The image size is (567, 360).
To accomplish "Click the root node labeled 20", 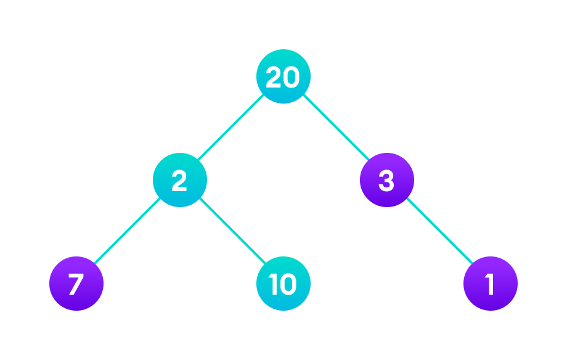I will pos(283,76).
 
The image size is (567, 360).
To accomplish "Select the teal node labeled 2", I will pos(179,180).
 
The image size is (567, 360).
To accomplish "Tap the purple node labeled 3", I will pos(386,180).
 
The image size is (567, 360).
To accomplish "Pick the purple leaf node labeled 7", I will pos(76,284).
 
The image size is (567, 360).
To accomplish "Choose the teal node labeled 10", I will pos(283,284).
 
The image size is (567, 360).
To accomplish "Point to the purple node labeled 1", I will pos(490,284).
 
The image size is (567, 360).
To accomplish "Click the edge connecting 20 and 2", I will pos(231,128).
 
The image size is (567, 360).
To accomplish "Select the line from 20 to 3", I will pos(335,128).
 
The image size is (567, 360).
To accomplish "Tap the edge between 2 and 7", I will pos(128,232).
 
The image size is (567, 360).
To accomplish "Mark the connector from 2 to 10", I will pos(231,232).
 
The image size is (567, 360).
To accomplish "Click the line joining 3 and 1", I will pos(438,232).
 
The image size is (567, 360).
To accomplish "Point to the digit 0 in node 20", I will pos(291,77).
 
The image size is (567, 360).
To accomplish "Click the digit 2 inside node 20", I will pos(274,77).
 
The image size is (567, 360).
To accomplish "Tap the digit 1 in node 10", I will pos(274,284).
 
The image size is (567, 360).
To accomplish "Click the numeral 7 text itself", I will pos(76,284).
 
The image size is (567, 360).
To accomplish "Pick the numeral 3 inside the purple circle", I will pos(386,181).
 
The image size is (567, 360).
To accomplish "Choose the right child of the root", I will pos(386,180).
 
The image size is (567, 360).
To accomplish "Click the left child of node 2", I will pos(76,284).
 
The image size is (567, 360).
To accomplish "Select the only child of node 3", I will pos(490,284).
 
